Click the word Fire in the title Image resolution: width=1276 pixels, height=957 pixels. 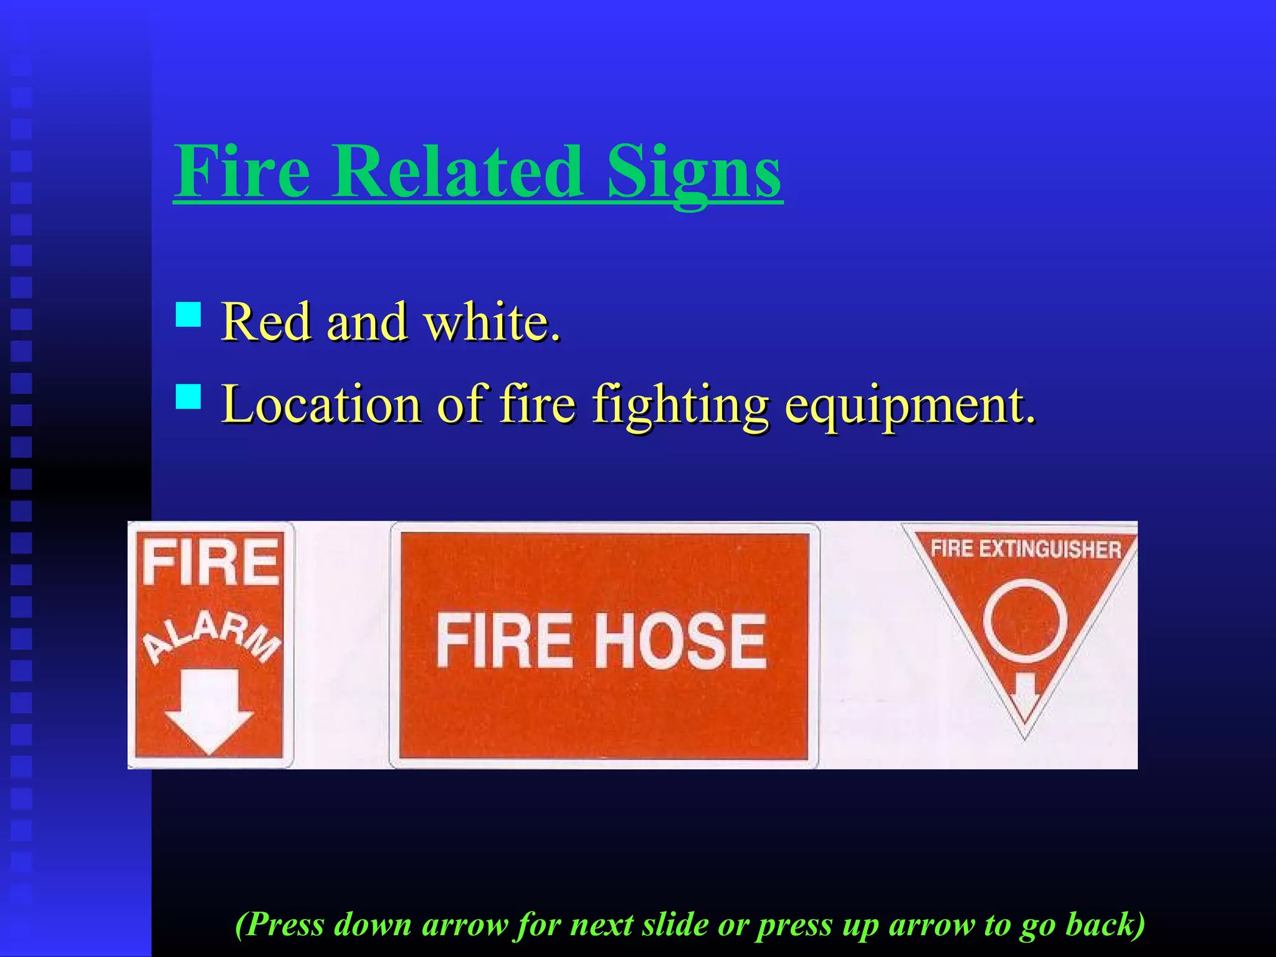(242, 171)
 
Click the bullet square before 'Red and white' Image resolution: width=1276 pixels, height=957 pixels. (188, 315)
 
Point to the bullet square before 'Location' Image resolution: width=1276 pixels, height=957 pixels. (188, 396)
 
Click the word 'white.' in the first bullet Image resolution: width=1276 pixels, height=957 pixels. (492, 322)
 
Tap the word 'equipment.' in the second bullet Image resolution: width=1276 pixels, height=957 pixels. (910, 405)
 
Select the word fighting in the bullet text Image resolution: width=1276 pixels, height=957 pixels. (680, 405)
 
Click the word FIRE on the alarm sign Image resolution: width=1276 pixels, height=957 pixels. (211, 563)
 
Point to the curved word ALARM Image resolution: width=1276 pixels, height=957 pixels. (211, 636)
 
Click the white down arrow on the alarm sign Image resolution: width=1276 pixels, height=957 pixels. (209, 710)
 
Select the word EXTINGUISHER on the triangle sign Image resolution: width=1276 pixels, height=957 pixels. (1050, 550)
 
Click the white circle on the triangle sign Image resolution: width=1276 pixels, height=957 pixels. (1025, 621)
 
